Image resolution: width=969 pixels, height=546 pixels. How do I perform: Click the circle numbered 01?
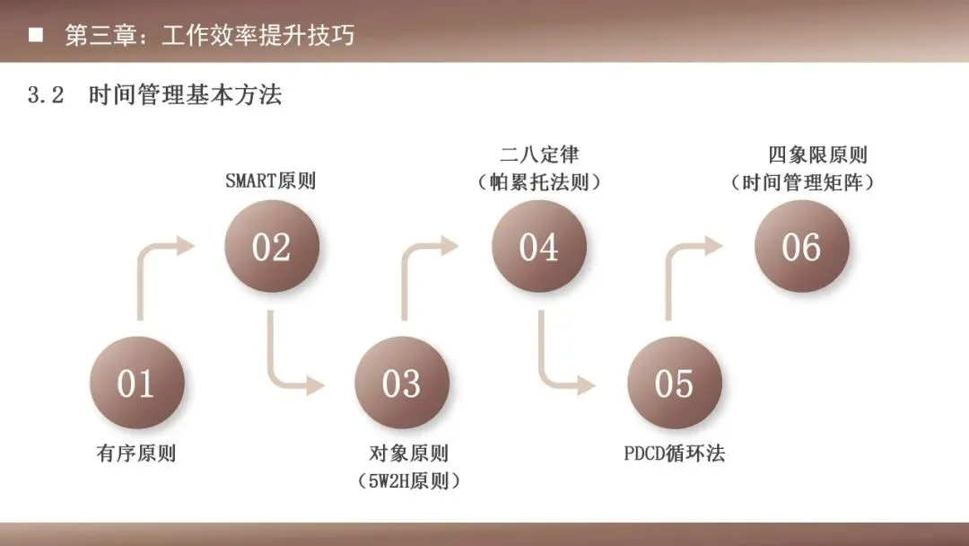[x=136, y=383]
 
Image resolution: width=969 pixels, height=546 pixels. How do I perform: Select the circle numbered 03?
[x=401, y=383]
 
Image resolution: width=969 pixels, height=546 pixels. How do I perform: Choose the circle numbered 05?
[x=674, y=383]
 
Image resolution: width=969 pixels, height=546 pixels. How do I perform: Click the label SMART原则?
[x=270, y=181]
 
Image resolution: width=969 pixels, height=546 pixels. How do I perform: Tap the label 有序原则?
[x=136, y=454]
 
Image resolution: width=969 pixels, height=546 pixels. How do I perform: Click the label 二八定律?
[x=539, y=155]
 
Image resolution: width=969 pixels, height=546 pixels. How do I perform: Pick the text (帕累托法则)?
[x=539, y=182]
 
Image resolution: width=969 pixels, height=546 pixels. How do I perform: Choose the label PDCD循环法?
[x=674, y=454]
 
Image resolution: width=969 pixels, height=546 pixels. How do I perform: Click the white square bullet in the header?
[x=36, y=36]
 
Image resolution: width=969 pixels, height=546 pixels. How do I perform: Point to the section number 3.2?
[x=46, y=96]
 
